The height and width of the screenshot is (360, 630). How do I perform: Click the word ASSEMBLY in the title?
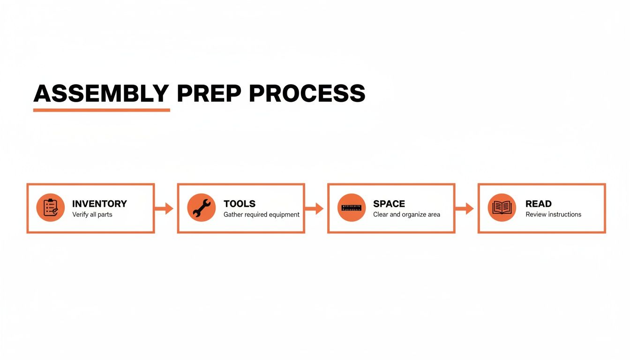pos(101,94)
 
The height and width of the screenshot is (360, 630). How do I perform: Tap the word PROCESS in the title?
pos(307,94)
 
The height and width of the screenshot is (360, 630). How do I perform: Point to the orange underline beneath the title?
pos(101,110)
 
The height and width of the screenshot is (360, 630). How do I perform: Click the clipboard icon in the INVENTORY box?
pos(51,208)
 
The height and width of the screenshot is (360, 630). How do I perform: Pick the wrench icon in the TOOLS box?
pos(201,208)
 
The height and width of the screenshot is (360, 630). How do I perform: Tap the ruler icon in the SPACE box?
pos(352,208)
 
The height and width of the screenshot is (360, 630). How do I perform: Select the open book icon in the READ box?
pos(502,208)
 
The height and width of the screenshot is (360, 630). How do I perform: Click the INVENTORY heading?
pos(99,204)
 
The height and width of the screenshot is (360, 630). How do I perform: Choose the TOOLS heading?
pos(240,204)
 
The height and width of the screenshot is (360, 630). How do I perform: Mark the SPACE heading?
pos(389,204)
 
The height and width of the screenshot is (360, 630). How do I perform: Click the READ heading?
pos(539,204)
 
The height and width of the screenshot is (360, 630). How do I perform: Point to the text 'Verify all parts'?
pos(92,215)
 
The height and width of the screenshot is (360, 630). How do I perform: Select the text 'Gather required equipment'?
pos(262,215)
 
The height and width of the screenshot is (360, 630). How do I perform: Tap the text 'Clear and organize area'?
pos(406,215)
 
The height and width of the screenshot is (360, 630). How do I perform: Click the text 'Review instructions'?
pos(553,215)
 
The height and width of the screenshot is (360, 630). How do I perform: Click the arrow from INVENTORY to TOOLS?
pos(164,209)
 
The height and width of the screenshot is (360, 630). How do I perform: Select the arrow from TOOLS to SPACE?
pos(315,209)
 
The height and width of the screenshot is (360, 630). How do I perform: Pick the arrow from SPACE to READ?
pos(465,209)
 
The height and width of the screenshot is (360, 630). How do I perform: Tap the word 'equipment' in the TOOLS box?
pos(284,215)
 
